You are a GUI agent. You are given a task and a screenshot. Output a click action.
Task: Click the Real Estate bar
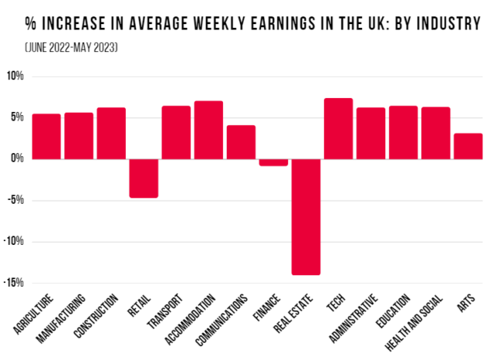pyautogui.click(x=306, y=216)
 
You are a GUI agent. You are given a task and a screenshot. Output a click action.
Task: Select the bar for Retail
pyautogui.click(x=144, y=178)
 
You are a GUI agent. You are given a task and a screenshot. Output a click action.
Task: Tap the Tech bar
pyautogui.click(x=338, y=128)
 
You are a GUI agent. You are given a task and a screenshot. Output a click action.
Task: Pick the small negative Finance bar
pyautogui.click(x=273, y=162)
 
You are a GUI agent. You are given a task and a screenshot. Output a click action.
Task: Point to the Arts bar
pyautogui.click(x=469, y=146)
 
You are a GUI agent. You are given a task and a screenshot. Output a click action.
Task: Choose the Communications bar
pyautogui.click(x=241, y=142)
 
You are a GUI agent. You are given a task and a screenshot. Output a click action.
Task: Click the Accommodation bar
pyautogui.click(x=208, y=130)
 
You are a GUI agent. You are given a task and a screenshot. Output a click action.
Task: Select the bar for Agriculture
pyautogui.click(x=46, y=136)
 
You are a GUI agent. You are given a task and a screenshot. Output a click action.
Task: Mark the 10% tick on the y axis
pyautogui.click(x=15, y=76)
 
